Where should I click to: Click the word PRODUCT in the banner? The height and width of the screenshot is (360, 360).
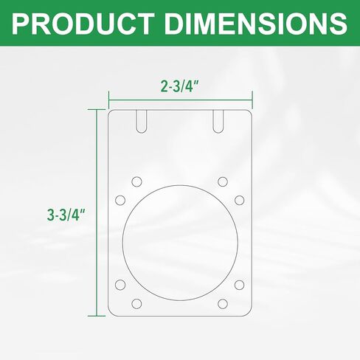click(83, 23)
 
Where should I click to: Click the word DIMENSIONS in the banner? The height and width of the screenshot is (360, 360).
click(257, 23)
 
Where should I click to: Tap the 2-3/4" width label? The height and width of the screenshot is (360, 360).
click(180, 86)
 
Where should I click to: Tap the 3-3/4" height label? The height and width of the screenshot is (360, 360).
click(66, 215)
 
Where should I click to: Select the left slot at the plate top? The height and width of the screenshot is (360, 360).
click(142, 122)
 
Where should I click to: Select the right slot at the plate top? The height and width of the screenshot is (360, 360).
click(218, 122)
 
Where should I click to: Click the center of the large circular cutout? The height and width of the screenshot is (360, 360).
click(180, 243)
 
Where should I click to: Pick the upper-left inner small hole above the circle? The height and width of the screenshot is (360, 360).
click(136, 182)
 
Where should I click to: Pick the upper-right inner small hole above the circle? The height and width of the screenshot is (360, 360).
click(223, 182)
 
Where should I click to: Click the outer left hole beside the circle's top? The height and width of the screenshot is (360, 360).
click(120, 200)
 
